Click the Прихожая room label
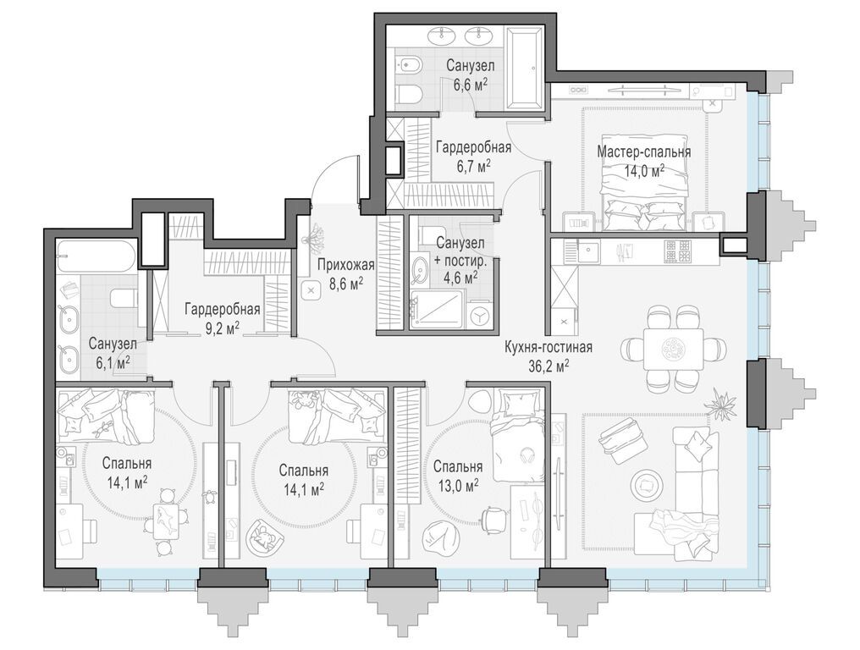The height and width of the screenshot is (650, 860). (346, 266)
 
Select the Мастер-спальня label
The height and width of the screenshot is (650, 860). (644, 152)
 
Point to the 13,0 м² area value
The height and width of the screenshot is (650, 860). (458, 484)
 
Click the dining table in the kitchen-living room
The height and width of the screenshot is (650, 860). (673, 349)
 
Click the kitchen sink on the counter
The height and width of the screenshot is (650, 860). (588, 251)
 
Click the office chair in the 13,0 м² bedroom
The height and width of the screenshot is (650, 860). (493, 518)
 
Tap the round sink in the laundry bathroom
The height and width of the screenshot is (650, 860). (421, 270)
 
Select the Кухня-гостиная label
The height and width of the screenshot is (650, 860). (549, 347)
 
